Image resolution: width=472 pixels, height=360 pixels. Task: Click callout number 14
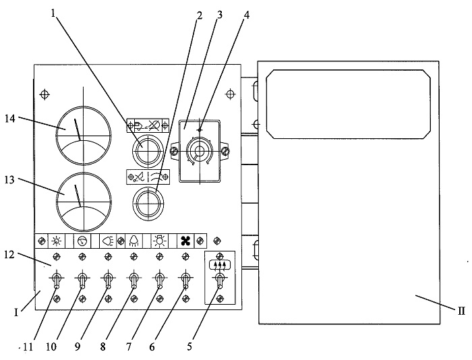[10, 119]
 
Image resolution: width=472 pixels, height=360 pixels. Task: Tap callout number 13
[10, 180]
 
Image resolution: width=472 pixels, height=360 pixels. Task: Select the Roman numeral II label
[461, 311]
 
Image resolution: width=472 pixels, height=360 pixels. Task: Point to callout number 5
[189, 347]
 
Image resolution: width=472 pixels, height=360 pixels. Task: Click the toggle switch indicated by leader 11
[57, 280]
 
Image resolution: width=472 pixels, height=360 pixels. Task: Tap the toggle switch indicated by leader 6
[185, 280]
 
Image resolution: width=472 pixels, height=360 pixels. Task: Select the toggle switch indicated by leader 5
[220, 280]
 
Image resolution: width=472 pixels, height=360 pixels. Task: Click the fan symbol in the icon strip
[185, 241]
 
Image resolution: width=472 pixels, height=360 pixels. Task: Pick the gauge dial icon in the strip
[82, 241]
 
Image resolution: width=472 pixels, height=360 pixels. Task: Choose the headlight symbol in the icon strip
[108, 241]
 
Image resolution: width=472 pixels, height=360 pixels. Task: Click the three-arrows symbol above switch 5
[220, 265]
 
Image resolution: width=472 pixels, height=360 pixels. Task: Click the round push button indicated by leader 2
[148, 203]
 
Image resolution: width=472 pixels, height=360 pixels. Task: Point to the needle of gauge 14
[78, 129]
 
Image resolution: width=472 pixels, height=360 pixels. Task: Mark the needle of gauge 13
[78, 196]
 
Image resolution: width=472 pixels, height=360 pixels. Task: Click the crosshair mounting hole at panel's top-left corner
[45, 94]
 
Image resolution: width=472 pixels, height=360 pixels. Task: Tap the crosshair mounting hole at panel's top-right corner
[231, 94]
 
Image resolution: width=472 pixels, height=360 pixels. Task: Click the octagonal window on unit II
[348, 104]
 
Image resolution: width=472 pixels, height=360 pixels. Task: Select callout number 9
[78, 347]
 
